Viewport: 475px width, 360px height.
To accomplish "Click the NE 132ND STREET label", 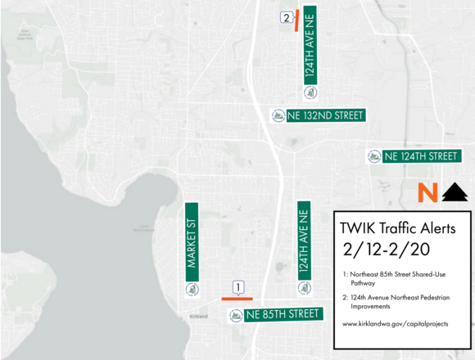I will point(325,115).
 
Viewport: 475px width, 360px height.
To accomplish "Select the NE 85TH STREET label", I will point(282,314).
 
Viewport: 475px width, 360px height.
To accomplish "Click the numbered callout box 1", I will point(238,287).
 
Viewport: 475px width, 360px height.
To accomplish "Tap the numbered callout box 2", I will point(286,17).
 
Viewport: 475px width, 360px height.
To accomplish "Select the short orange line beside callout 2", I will point(296,20).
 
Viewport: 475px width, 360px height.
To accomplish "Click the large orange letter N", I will point(425,193).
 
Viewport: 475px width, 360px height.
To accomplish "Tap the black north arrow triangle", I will point(455,193).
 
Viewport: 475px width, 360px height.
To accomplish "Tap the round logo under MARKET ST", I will point(193,288).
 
